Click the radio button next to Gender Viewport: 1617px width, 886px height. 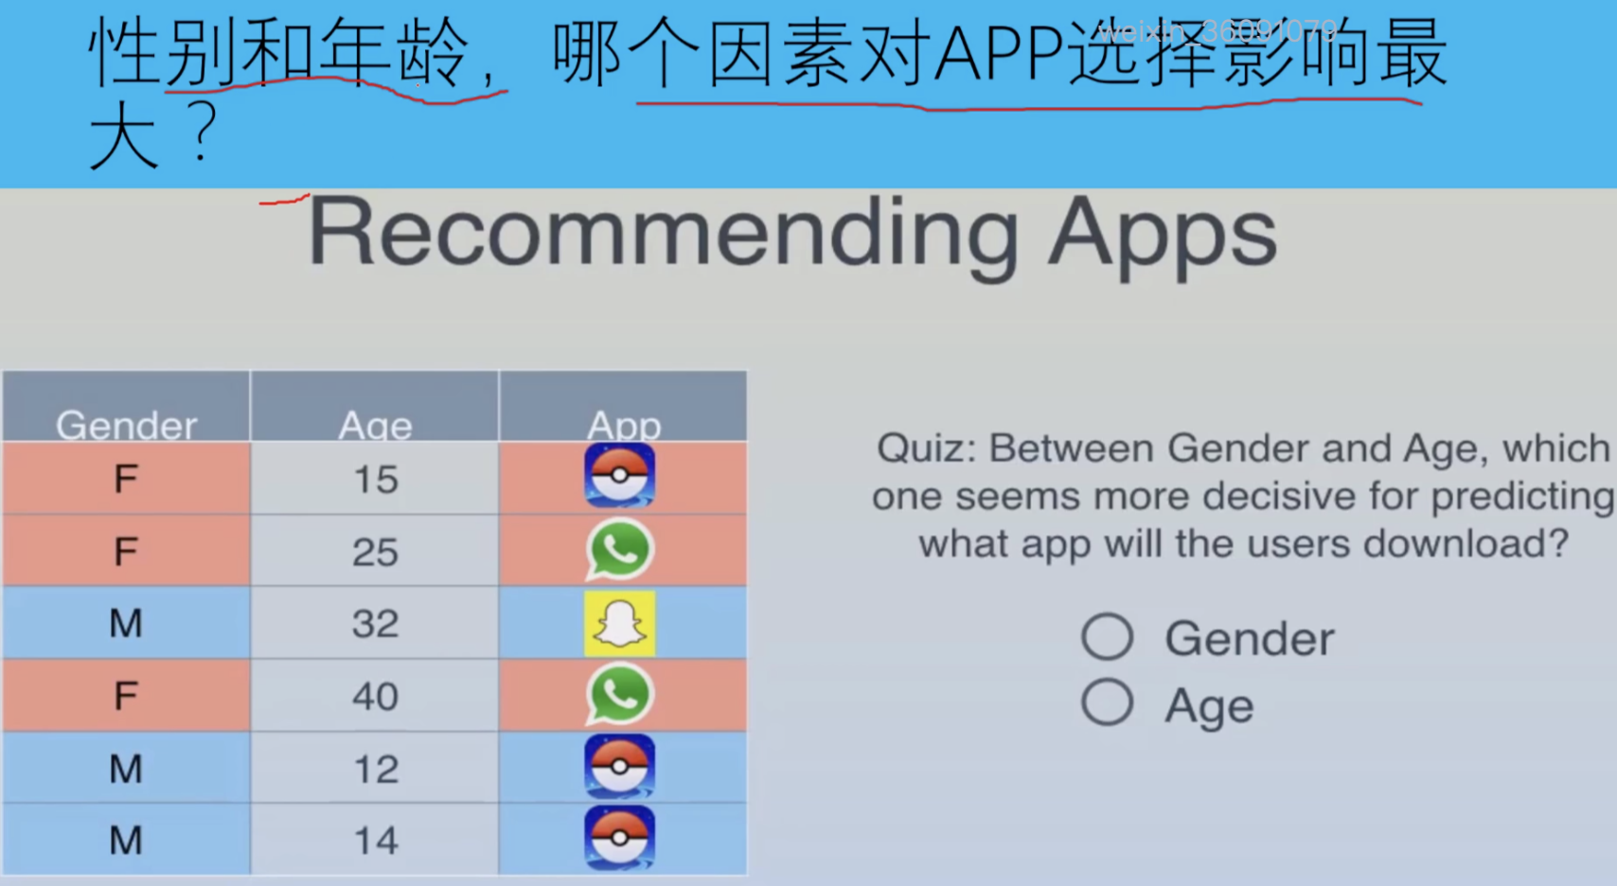1107,637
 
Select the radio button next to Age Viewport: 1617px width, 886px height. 1107,701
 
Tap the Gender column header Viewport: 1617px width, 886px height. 126,406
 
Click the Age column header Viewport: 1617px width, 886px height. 375,406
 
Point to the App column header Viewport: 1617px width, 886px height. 623,406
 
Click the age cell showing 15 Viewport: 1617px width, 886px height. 375,478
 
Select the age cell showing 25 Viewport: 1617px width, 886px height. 375,551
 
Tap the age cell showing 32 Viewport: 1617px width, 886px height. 375,623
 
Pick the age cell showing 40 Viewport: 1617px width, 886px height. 375,696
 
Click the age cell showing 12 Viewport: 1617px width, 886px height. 375,768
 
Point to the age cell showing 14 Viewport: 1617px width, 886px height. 375,839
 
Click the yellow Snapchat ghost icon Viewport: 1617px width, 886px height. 619,624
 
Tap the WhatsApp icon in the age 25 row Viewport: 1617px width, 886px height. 619,551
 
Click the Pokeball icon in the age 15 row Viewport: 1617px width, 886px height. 619,476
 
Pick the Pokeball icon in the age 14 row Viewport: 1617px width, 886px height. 619,838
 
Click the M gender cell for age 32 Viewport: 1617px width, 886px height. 126,623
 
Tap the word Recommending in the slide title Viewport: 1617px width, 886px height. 663,235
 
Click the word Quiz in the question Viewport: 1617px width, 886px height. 926,448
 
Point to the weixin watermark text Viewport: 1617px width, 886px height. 1217,31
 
